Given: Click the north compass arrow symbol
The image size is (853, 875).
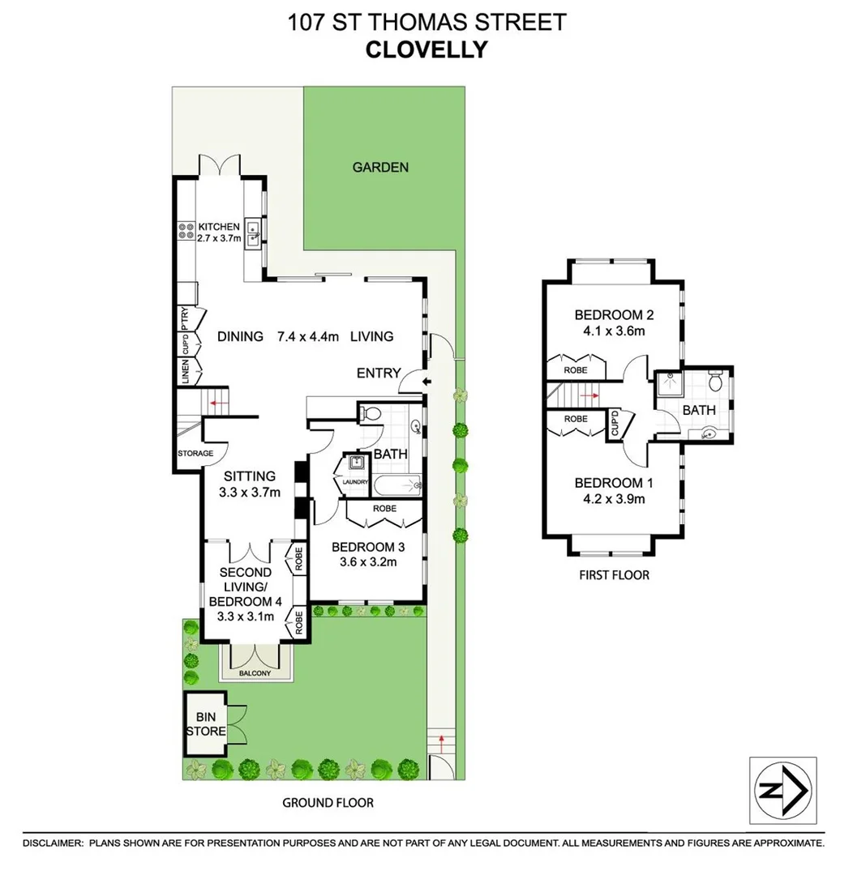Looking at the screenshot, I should point(782,791).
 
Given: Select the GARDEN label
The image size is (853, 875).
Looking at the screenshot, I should point(380,168).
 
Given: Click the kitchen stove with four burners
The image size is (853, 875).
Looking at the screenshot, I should point(185,233).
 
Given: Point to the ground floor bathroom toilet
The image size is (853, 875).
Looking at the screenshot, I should point(371,414).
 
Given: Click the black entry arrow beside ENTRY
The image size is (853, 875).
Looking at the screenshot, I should point(428,381).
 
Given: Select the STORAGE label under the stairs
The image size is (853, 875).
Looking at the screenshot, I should point(195,454).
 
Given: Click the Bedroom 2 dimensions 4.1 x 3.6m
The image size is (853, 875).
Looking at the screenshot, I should point(614,331).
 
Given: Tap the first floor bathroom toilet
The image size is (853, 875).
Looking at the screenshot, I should point(715,382).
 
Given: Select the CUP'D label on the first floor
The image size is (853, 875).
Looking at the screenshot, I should point(615,424).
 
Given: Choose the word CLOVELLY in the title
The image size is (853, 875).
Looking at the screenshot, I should point(426,49).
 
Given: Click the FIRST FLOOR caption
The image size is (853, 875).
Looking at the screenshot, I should point(614,575).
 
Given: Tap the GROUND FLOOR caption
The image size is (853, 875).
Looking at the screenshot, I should point(328,803).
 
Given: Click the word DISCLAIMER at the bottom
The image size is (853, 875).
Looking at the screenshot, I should point(53,843).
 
